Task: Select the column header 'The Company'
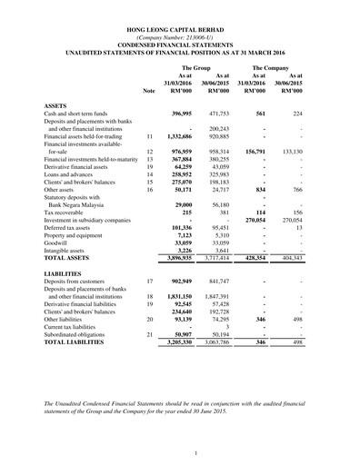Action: (271, 68)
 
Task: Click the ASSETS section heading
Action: (56, 106)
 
